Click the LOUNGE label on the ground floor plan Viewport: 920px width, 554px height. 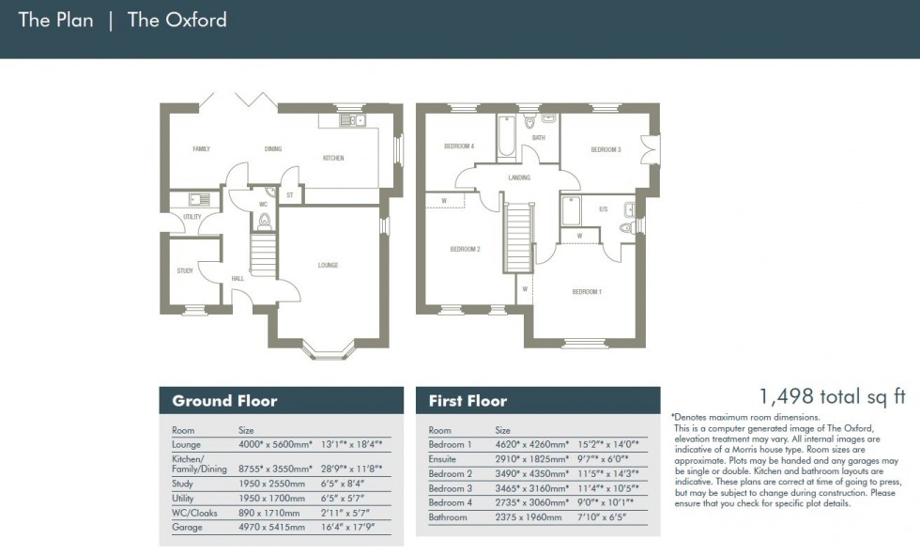328,265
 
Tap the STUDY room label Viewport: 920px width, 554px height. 185,270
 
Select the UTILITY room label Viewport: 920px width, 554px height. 192,217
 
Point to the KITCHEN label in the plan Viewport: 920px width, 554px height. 333,159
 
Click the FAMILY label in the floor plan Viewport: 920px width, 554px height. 201,149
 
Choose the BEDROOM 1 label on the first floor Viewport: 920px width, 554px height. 587,292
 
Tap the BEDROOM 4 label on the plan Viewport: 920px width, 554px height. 459,146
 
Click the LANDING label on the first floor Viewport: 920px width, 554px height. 518,177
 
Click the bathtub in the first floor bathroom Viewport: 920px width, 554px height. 506,134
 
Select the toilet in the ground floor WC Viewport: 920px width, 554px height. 265,222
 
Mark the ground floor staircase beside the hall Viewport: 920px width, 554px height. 264,254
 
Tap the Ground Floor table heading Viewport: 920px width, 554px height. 224,401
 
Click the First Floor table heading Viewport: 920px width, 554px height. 468,401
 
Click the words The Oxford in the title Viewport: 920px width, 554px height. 176,20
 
